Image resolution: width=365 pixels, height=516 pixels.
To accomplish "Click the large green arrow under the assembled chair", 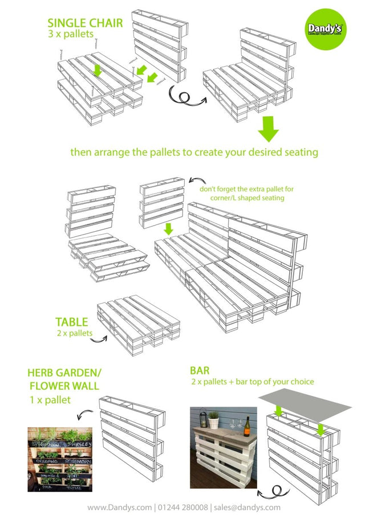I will (269, 129).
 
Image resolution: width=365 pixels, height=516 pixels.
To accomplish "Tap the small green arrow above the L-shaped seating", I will (168, 229).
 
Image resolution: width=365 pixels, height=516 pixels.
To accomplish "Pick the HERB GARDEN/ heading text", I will (64, 373).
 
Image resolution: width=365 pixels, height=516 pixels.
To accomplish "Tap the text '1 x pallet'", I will (50, 400).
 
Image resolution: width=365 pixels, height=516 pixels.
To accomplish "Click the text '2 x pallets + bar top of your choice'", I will (252, 382).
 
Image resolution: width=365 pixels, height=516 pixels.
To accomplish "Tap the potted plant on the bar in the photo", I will (213, 419).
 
